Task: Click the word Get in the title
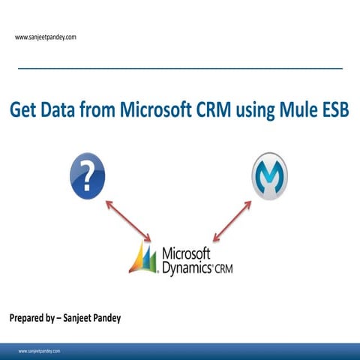pos(24,112)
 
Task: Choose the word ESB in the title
pos(335,112)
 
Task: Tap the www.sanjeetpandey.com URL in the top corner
pos(45,37)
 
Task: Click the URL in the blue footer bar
pos(40,351)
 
